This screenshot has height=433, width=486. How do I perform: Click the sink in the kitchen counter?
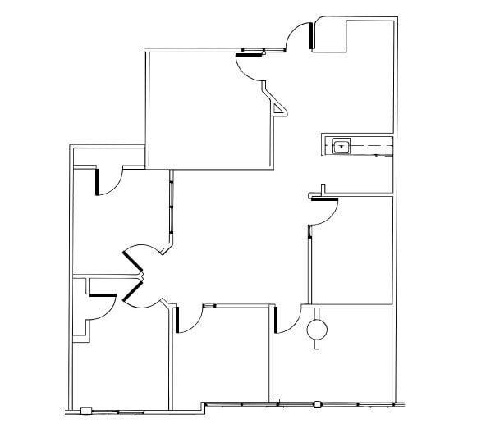point(342,147)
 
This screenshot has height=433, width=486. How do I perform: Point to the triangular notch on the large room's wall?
point(279,104)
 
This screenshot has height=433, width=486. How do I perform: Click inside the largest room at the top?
point(209,107)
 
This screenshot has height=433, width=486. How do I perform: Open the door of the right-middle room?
point(325,210)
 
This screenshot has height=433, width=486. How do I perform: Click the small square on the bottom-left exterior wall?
point(86,410)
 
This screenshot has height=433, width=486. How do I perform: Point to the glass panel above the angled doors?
point(172,205)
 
